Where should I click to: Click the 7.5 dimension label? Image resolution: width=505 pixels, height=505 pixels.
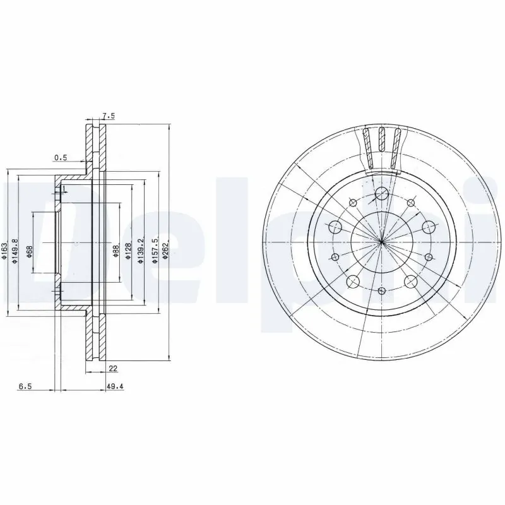click(x=108, y=116)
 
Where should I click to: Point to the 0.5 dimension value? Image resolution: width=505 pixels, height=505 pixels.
click(x=61, y=157)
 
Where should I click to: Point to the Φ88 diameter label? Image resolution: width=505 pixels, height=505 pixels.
click(x=116, y=252)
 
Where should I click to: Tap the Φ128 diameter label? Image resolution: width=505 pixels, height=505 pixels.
click(x=128, y=252)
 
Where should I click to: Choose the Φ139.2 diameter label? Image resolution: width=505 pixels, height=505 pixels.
click(x=141, y=252)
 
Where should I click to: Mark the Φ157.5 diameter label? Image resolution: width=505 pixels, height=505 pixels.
click(x=153, y=252)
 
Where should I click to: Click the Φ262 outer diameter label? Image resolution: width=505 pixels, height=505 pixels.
click(x=166, y=252)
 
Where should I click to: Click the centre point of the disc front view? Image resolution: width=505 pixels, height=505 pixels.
click(x=382, y=242)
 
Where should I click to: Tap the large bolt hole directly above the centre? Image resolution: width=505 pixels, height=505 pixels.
click(x=381, y=194)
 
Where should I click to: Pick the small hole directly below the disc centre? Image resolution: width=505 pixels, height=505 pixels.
click(x=381, y=291)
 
